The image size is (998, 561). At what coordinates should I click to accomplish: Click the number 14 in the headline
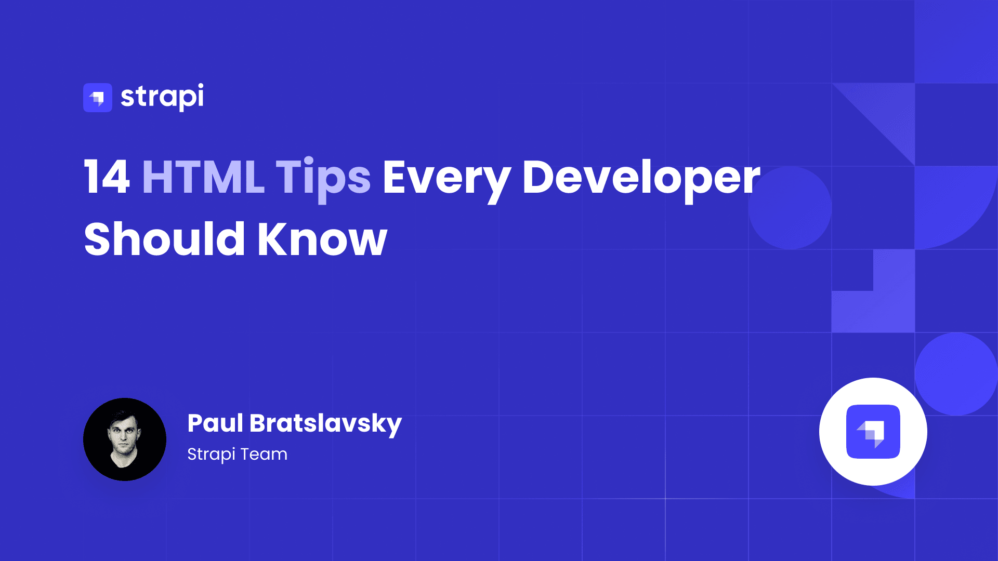(x=107, y=178)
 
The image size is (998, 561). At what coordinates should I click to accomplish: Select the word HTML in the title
(x=203, y=178)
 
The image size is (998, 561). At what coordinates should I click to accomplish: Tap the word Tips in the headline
(x=323, y=180)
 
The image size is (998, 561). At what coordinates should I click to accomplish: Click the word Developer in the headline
(x=641, y=180)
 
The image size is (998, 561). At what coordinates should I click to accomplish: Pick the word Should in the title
(x=164, y=238)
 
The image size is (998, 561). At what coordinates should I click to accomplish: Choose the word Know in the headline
(x=322, y=238)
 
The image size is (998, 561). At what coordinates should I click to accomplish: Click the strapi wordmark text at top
(x=162, y=97)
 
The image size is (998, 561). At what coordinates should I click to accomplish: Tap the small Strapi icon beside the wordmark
(x=98, y=98)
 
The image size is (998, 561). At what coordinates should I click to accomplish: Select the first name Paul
(x=215, y=423)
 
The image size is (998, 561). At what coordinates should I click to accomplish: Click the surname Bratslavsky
(x=325, y=424)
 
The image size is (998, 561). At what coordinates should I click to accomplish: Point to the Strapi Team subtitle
(x=237, y=454)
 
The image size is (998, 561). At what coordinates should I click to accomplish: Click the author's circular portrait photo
(x=125, y=439)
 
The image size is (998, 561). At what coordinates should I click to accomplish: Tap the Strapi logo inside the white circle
(x=873, y=432)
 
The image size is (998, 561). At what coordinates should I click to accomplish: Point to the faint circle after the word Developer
(x=790, y=208)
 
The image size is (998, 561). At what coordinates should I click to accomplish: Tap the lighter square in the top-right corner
(x=956, y=42)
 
